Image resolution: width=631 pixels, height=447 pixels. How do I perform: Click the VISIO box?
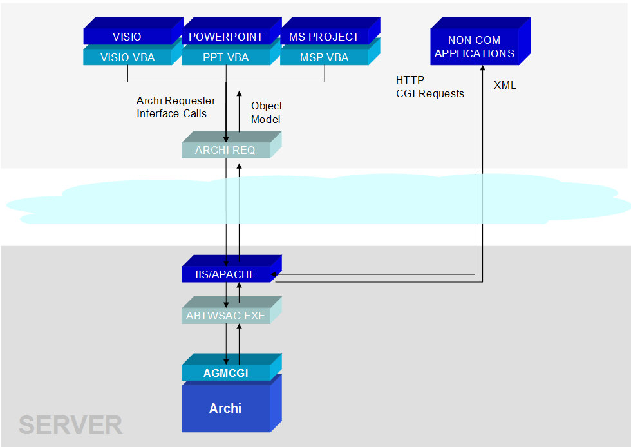point(127,37)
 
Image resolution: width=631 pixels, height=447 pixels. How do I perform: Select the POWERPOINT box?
point(225,37)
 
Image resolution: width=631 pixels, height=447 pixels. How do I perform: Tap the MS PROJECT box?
point(324,37)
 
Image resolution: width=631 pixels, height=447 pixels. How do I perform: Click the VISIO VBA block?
point(127,57)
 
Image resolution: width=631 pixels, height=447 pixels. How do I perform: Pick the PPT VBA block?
point(225,57)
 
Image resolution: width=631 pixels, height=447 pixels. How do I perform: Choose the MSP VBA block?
point(324,57)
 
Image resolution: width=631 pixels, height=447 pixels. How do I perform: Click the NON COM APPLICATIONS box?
point(475,47)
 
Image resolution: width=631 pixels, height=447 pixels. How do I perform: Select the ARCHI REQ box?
point(225,150)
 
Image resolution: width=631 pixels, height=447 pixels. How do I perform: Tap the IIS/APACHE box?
point(225,274)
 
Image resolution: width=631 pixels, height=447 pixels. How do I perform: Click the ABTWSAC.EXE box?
point(225,316)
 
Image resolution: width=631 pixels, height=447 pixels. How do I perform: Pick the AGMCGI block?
point(225,373)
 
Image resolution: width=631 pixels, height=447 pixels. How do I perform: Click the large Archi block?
point(225,408)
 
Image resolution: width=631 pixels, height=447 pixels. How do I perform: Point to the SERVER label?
point(70,425)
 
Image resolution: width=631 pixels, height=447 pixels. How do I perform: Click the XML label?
point(505,85)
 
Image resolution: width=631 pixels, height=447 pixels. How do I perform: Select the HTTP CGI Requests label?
point(429,87)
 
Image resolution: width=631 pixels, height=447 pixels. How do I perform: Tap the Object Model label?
point(267,113)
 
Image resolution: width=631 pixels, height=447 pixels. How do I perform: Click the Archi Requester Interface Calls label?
point(176,108)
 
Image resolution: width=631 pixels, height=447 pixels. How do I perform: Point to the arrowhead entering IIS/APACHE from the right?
point(275,275)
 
